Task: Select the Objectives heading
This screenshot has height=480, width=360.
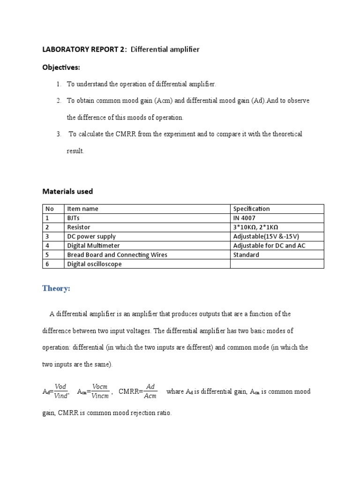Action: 61,67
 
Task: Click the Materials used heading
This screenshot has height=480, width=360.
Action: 67,191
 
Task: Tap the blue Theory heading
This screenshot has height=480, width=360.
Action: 56,288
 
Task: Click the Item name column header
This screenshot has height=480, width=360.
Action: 83,209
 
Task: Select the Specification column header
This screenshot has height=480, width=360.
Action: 251,209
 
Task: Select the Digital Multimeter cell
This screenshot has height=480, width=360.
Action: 94,246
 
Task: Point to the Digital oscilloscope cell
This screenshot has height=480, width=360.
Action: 95,264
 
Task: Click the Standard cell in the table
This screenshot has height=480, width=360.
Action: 246,255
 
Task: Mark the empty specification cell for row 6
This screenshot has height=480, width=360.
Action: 277,264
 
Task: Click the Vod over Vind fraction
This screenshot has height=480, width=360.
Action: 61,391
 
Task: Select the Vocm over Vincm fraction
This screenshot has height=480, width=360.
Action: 100,391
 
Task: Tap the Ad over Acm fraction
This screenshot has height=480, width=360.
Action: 150,391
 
